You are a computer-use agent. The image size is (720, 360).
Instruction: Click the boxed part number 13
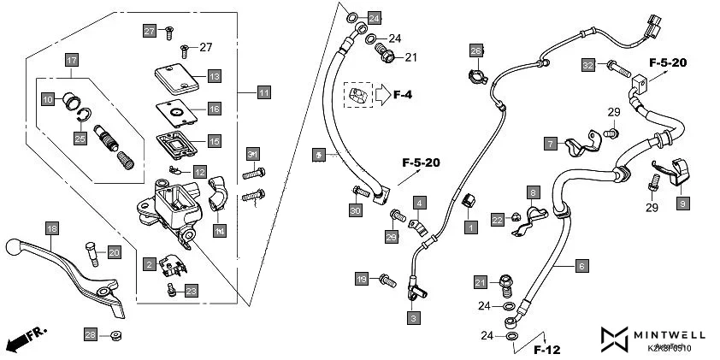tap(214, 77)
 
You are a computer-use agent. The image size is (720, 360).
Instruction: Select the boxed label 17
tap(72, 61)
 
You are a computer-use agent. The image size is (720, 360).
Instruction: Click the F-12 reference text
tap(546, 349)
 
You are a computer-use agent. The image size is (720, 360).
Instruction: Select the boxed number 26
tap(476, 51)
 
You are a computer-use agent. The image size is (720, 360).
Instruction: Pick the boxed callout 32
tap(587, 65)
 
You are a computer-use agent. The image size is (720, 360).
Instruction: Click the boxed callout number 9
tap(682, 204)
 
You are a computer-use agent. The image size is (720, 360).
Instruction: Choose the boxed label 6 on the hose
tap(581, 266)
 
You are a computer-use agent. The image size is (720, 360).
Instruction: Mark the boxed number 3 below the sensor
tap(413, 317)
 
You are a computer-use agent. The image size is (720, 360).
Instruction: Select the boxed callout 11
tap(263, 91)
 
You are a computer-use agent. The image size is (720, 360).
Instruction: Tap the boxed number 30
tap(355, 210)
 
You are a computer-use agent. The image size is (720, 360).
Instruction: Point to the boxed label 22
tap(497, 220)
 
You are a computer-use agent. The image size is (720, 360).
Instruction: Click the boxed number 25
tap(80, 138)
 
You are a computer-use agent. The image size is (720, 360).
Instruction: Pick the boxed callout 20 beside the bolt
tap(114, 252)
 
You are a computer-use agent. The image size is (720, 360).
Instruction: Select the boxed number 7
tap(550, 143)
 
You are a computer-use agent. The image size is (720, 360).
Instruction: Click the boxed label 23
tap(191, 291)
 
